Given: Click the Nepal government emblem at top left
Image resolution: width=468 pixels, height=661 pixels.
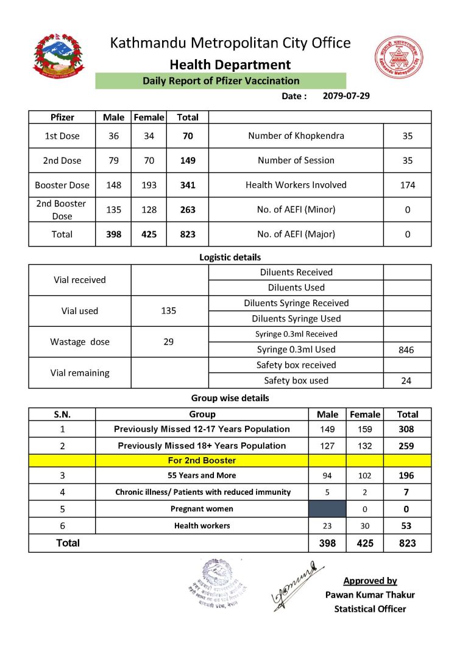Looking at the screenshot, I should pos(58,58).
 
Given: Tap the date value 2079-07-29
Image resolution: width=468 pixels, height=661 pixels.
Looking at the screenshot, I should pos(346,96).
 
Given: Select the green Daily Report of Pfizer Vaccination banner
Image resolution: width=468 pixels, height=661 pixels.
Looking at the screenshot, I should pos(221,81).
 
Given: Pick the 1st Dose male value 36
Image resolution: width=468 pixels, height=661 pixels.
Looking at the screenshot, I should pos(113,136).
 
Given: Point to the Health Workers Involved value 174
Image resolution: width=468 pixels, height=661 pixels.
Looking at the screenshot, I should pos(407,185).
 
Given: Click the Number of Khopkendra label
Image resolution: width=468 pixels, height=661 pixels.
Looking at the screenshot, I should pos(296,136).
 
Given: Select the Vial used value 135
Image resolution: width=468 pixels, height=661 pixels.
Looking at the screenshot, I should pos(169,311).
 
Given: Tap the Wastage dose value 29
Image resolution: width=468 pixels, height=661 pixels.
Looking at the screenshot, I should pos(169,342).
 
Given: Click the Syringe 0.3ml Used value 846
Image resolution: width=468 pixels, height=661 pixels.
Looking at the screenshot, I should pos(407,350).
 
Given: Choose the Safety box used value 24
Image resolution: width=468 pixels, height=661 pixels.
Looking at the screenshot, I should pos(407,381).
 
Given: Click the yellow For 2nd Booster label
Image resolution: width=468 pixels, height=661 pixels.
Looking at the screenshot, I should pos(202,461).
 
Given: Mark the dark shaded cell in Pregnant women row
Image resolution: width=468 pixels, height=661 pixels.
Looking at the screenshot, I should pos(327,509).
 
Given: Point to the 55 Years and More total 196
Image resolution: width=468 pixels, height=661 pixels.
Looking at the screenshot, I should pos(407,475).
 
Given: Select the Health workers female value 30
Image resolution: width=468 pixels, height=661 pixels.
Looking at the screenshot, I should pos(364,526).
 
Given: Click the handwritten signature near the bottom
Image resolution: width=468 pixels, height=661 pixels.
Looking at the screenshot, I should pos(296,582).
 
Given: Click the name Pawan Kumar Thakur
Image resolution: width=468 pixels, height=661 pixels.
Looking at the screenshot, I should pos(370,595).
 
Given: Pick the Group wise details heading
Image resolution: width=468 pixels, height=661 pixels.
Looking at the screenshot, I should pos(230,398).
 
